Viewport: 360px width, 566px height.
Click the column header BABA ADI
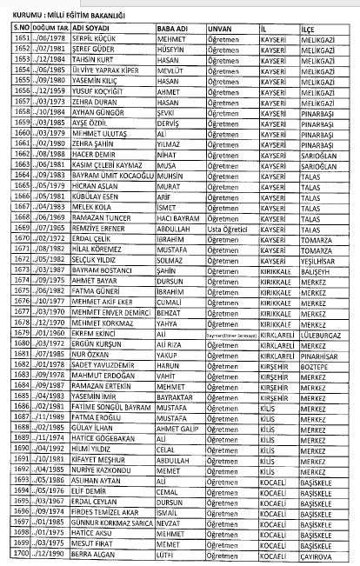pyautogui.click(x=177, y=28)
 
